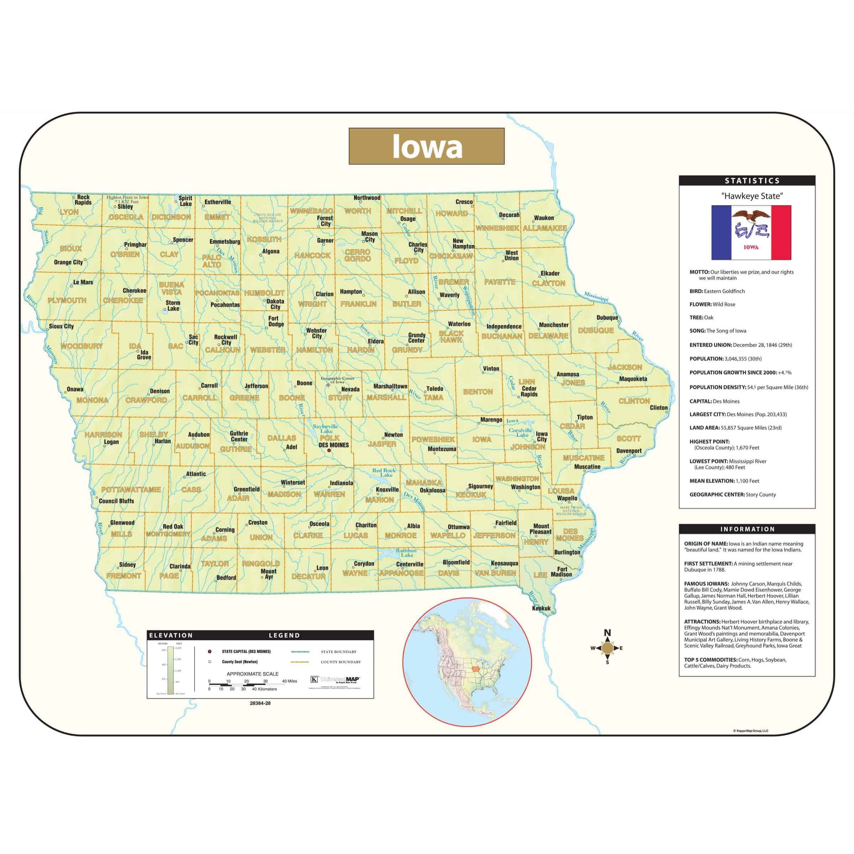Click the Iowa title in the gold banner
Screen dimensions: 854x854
point(427,146)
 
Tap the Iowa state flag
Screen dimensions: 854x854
point(751,232)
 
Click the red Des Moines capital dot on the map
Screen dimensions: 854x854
point(328,451)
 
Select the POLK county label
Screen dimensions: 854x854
point(330,438)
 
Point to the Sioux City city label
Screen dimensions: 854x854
point(62,326)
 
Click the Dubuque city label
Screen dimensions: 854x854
point(607,317)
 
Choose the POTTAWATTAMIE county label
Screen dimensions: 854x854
point(131,489)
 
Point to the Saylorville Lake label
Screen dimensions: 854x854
point(326,428)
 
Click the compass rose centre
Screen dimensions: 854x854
point(607,648)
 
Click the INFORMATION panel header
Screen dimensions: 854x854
point(747,529)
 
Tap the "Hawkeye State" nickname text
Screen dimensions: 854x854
point(752,196)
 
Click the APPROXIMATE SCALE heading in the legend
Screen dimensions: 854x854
point(252,674)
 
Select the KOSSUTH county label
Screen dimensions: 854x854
point(264,239)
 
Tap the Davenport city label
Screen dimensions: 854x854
point(628,451)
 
